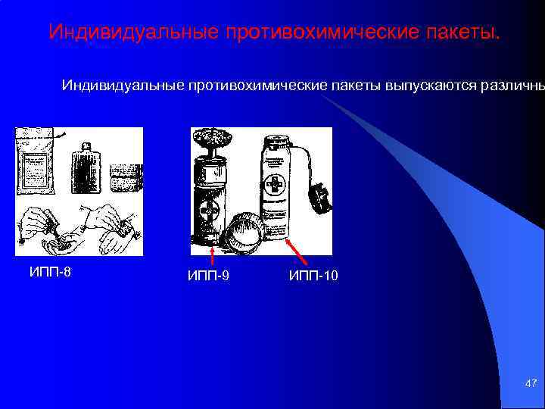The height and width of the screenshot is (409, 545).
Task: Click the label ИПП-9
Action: click(208, 276)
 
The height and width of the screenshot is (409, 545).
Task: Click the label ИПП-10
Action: click(313, 276)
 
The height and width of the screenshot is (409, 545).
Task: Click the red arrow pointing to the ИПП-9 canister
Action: click(212, 254)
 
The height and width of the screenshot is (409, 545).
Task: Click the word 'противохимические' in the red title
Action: click(320, 33)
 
